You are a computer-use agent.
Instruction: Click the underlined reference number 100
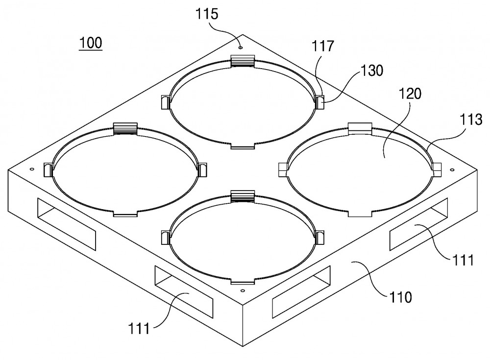coord(91,43)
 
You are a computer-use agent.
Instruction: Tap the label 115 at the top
coord(207,14)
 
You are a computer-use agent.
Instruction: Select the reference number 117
coord(323,46)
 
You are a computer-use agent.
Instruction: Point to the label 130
coord(372,71)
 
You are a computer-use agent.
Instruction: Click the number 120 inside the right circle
coord(410,94)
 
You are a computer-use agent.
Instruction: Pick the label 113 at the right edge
coord(471,120)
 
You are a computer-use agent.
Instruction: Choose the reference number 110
coord(400,297)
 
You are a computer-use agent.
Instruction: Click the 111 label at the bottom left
coord(139,329)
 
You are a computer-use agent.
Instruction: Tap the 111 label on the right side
coord(462,260)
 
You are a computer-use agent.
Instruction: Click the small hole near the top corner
coord(240,48)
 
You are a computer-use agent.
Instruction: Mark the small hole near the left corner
coord(31,169)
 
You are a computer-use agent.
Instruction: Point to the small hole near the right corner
coord(452,169)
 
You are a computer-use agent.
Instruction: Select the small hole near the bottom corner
coord(242,290)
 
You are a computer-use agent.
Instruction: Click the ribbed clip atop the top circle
coord(243,61)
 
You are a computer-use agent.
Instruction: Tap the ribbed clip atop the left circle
coord(125,128)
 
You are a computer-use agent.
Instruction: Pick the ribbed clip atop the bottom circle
coord(243,196)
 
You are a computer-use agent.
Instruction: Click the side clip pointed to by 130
coord(319,102)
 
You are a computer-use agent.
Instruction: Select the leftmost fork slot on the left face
coord(67,224)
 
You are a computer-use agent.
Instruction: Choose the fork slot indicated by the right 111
coord(418,224)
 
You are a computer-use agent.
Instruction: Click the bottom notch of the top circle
coord(243,146)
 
